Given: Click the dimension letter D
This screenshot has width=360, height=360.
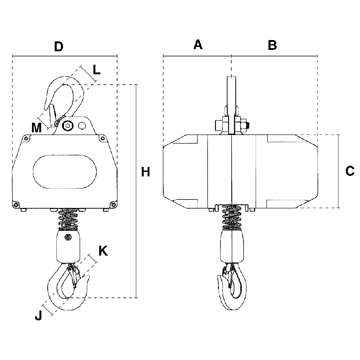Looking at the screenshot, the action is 58,46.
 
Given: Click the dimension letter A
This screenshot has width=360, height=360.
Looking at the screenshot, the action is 198,45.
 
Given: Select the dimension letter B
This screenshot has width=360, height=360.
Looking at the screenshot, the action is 272,45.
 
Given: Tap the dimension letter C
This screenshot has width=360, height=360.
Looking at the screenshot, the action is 350,171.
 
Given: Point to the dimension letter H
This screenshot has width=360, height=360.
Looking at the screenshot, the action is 145,172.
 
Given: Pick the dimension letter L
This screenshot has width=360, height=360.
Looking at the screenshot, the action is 97,70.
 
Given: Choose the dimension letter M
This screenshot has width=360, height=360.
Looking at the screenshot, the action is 36,128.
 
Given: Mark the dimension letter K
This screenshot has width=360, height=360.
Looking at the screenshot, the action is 103,251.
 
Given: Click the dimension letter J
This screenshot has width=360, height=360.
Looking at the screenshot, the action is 39,315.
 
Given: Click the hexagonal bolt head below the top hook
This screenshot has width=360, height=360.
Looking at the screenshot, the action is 67,126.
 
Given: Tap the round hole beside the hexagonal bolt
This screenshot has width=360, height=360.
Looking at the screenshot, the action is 82,126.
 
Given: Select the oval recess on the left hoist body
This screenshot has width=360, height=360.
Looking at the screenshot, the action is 65,172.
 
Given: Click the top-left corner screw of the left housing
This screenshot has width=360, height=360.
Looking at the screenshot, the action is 27,139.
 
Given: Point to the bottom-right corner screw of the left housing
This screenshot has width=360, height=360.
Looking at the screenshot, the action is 113,204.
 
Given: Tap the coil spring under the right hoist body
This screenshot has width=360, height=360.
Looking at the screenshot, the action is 232,217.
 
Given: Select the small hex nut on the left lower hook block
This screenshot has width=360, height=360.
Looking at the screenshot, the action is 68,237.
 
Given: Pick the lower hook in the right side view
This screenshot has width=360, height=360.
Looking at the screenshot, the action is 232,287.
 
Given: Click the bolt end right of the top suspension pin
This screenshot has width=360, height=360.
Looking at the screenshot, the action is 247,126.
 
